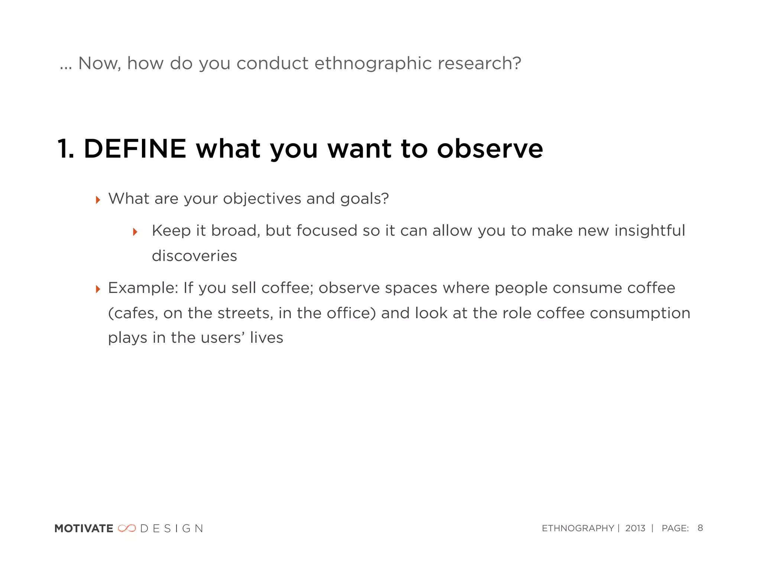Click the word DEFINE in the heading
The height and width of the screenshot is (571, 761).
pyautogui.click(x=135, y=149)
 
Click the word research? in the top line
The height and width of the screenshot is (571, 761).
pyautogui.click(x=479, y=64)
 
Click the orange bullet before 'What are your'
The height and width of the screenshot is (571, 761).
pyautogui.click(x=98, y=200)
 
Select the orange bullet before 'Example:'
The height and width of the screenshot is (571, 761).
pyautogui.click(x=98, y=289)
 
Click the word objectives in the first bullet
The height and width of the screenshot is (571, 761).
pyautogui.click(x=262, y=199)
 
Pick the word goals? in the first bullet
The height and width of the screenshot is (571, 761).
pyautogui.click(x=365, y=199)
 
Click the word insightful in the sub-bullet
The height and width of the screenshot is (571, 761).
pyautogui.click(x=650, y=230)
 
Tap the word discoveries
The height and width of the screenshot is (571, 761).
pyautogui.click(x=194, y=256)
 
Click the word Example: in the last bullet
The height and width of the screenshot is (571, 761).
pyautogui.click(x=143, y=288)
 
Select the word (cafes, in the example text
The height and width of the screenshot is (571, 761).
pyautogui.click(x=133, y=313)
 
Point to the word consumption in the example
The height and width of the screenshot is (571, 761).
pyautogui.click(x=640, y=313)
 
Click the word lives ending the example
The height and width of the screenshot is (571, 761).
pyautogui.click(x=266, y=338)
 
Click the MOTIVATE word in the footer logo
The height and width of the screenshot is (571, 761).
pyautogui.click(x=84, y=529)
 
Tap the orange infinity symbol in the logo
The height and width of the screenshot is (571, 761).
pyautogui.click(x=127, y=528)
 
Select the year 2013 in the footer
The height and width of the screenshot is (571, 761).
pyautogui.click(x=635, y=528)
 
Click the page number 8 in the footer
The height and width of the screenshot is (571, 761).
pyautogui.click(x=700, y=528)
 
